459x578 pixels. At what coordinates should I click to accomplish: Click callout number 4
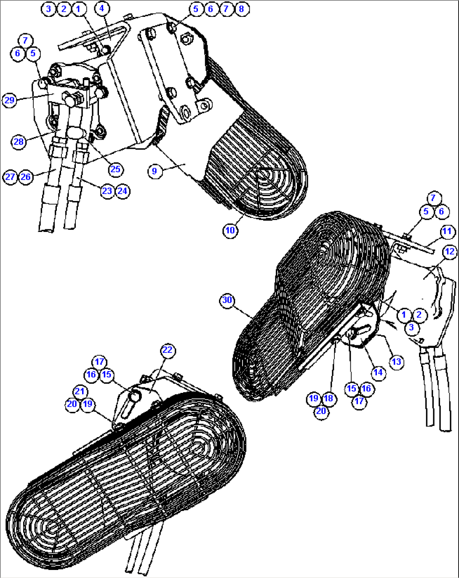coord(102,8)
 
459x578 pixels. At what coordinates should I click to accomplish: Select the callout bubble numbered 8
coord(241,9)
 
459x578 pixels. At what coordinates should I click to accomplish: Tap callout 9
coord(155,171)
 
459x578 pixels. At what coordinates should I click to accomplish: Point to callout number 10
coord(230,230)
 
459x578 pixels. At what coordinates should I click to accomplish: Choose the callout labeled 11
coord(448,231)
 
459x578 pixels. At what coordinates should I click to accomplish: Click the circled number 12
coord(450,252)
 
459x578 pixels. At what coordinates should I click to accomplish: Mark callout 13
coord(397,362)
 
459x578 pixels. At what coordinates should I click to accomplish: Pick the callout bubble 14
coord(378,373)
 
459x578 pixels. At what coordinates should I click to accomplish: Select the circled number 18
coord(329,398)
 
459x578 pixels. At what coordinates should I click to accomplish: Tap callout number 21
coord(80,391)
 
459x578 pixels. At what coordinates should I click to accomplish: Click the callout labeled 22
coord(168,350)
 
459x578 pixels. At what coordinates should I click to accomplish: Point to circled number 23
coord(107,191)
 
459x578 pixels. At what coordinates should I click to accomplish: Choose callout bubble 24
coord(123,191)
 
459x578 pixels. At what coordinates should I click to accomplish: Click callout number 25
coord(116,169)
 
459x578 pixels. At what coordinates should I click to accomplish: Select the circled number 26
coord(26,177)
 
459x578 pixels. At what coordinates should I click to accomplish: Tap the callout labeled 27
coord(10,177)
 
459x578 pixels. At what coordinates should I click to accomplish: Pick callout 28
coord(19,142)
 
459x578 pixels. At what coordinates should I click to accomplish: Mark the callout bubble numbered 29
coord(10,100)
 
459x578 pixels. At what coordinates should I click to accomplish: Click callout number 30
coord(227,300)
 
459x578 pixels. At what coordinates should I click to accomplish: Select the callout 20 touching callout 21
coord(72,404)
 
